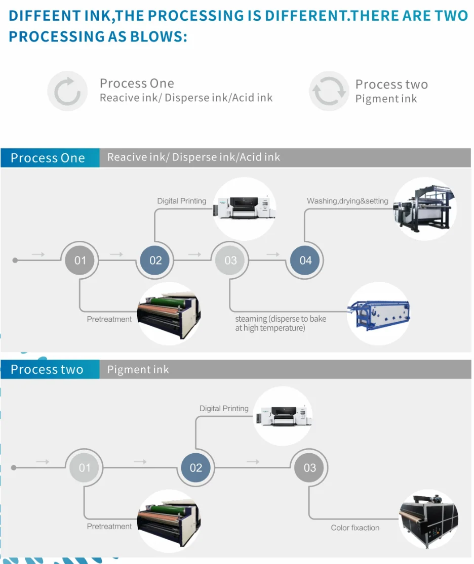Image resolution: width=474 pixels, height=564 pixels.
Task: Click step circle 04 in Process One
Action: [x=305, y=260]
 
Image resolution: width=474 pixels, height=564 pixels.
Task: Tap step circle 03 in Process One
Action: [x=230, y=260]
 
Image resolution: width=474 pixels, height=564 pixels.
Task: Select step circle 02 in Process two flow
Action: [x=195, y=467]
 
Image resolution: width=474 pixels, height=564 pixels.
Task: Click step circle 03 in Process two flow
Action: [x=309, y=467]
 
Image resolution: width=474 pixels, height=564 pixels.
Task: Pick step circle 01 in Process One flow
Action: [x=80, y=260]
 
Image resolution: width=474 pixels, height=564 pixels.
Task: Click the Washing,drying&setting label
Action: [x=347, y=201]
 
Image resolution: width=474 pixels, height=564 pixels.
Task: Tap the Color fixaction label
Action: [x=355, y=528]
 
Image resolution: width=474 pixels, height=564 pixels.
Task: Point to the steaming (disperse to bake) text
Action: [x=281, y=319]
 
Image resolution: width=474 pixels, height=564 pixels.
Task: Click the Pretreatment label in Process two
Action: [x=109, y=526]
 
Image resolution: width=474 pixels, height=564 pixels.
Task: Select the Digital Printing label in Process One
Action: [x=181, y=201]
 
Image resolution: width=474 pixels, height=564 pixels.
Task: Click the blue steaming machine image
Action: [x=379, y=313]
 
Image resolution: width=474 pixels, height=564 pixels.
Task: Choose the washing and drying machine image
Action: [x=424, y=208]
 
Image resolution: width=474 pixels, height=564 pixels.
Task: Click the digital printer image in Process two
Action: [x=284, y=416]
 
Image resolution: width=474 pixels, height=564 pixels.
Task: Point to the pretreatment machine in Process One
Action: [x=169, y=314]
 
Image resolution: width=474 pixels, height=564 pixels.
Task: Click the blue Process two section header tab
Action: [x=50, y=369]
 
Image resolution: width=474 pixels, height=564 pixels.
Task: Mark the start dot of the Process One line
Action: [x=15, y=260]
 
